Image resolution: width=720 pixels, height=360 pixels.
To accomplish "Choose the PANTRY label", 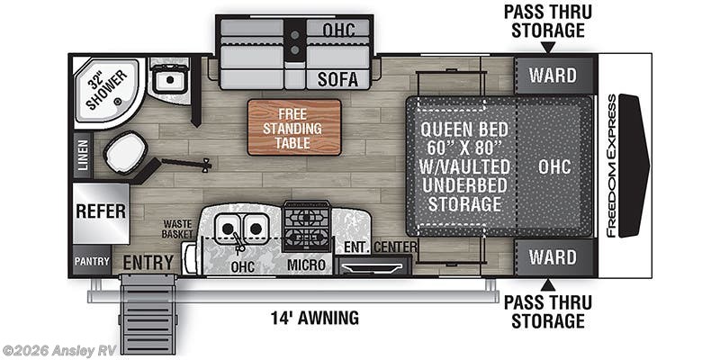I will coord(92,262).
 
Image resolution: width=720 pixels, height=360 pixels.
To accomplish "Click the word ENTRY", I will coord(148,262).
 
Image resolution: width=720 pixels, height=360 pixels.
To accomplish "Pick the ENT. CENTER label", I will coord(380,247).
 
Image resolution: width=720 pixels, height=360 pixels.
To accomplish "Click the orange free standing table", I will coord(295,128).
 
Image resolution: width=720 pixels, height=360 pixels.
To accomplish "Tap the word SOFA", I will coord(337,80).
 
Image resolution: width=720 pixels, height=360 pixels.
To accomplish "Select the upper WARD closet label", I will coord(553,73).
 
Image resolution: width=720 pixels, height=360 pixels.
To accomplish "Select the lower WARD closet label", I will coord(553,257).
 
